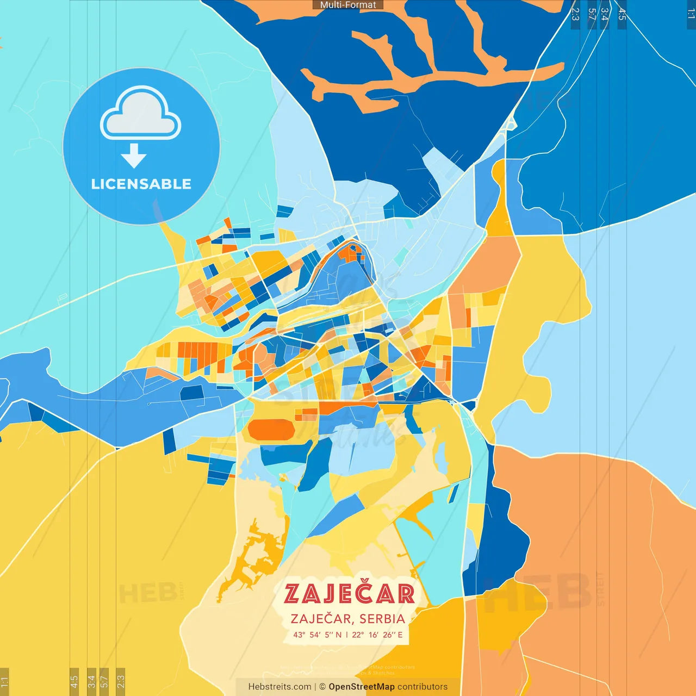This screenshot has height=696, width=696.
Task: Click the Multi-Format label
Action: click(x=348, y=5)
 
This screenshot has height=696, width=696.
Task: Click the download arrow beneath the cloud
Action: click(x=134, y=157)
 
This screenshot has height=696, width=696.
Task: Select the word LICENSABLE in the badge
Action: click(x=141, y=184)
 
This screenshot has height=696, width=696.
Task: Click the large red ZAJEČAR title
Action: click(x=349, y=594)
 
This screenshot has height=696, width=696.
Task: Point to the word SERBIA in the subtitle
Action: click(x=382, y=619)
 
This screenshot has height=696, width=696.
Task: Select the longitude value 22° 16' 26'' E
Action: click(x=378, y=635)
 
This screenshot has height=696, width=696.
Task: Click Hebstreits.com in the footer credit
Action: click(x=279, y=687)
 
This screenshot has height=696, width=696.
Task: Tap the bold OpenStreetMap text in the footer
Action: click(x=362, y=687)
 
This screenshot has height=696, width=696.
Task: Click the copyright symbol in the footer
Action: click(x=322, y=687)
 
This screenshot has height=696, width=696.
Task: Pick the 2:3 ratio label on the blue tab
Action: click(x=575, y=14)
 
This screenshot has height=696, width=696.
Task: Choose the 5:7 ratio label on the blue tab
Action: click(x=592, y=14)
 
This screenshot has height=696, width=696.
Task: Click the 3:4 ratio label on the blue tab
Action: click(x=604, y=14)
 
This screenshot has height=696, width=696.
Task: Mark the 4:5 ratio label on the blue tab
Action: click(x=622, y=14)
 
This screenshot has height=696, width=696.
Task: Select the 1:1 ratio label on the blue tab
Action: click(x=691, y=14)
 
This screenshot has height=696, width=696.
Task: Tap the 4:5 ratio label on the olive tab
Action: click(x=74, y=681)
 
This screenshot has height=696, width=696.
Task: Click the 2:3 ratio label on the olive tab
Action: click(x=121, y=681)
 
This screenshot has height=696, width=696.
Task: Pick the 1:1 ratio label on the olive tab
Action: click(x=4, y=681)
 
